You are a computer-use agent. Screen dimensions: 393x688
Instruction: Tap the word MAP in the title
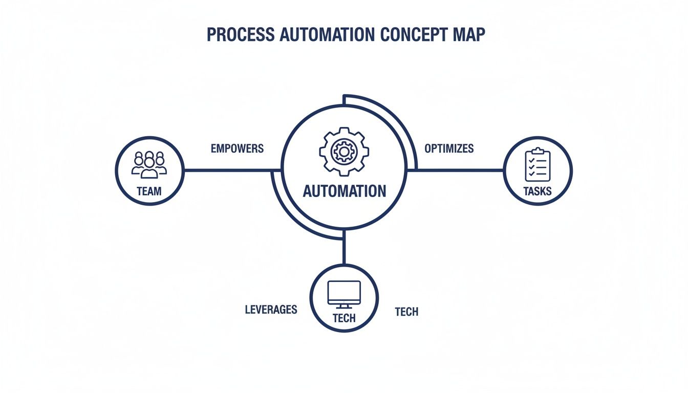(466, 34)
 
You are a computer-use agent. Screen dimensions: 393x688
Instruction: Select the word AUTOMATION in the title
(325, 34)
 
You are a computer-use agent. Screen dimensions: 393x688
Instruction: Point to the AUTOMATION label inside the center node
(345, 191)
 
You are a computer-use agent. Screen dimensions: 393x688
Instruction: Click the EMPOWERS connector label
(237, 149)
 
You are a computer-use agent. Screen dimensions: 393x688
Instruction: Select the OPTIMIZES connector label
(449, 149)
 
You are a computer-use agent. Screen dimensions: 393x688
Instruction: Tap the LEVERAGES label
(271, 310)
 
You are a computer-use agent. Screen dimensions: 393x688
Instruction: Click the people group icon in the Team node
(149, 164)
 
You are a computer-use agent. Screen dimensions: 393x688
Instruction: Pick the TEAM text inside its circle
(149, 191)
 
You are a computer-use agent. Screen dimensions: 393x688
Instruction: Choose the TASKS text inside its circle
(537, 191)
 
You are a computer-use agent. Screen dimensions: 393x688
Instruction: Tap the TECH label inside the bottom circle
(344, 318)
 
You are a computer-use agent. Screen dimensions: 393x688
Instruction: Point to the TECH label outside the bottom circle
(406, 312)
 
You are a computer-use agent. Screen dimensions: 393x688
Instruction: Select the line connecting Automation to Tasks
(461, 170)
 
